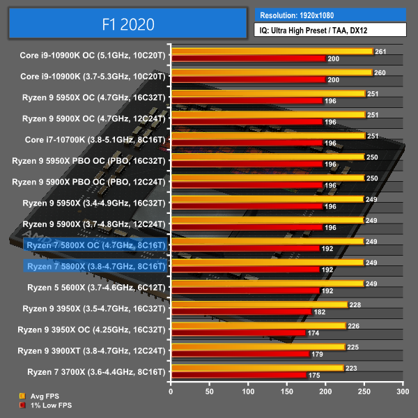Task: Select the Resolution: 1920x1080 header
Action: pyautogui.click(x=330, y=14)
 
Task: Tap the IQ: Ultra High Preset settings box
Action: pyautogui.click(x=330, y=29)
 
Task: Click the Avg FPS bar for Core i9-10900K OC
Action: pyautogui.click(x=272, y=52)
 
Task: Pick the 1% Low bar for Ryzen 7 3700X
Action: pyautogui.click(x=239, y=376)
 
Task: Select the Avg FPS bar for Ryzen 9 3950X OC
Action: pyautogui.click(x=258, y=325)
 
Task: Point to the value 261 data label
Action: pyautogui.click(x=380, y=52)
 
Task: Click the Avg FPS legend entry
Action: pyautogui.click(x=42, y=396)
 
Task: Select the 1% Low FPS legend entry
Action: pyautogui.click(x=46, y=405)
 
